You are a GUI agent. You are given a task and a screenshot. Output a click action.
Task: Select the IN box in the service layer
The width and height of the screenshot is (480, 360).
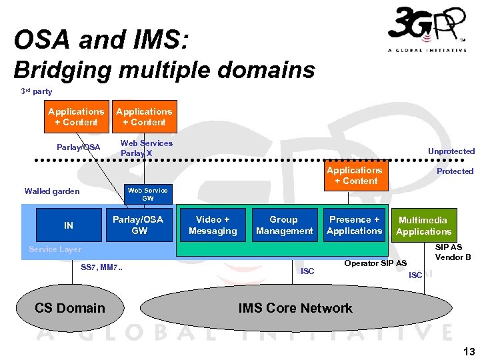pyautogui.click(x=69, y=226)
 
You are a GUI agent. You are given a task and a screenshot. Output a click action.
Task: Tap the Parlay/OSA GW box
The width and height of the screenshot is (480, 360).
pyautogui.click(x=137, y=225)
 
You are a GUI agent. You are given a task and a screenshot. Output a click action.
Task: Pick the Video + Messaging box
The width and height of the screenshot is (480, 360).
pyautogui.click(x=213, y=225)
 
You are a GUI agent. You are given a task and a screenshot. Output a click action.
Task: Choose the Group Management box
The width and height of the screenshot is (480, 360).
pyautogui.click(x=284, y=225)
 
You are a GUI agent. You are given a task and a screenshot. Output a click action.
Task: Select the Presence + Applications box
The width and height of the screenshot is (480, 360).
pyautogui.click(x=354, y=225)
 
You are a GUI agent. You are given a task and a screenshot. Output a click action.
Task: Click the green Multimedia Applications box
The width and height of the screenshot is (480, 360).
pyautogui.click(x=423, y=225)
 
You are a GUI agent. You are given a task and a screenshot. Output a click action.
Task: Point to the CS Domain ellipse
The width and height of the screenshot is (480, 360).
pyautogui.click(x=69, y=308)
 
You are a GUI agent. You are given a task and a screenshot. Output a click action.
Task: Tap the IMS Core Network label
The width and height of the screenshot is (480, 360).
pyautogui.click(x=295, y=308)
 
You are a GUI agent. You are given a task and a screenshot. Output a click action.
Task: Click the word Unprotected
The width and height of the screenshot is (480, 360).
pyautogui.click(x=451, y=151)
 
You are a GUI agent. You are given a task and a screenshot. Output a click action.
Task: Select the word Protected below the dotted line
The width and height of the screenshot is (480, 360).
pyautogui.click(x=455, y=171)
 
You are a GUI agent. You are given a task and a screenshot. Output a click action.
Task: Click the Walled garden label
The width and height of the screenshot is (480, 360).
pyautogui.click(x=52, y=191)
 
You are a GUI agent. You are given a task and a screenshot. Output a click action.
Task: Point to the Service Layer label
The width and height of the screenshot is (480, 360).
pyautogui.click(x=55, y=249)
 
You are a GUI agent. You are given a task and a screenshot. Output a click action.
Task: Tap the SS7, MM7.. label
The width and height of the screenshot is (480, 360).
pyautogui.click(x=101, y=268)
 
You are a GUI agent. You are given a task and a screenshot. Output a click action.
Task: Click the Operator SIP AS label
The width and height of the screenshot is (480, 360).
pyautogui.click(x=375, y=263)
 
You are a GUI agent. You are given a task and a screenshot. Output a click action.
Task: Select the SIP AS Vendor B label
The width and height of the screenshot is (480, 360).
pyautogui.click(x=453, y=252)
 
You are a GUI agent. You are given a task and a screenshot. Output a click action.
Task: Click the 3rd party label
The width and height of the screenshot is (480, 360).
pyautogui.click(x=36, y=91)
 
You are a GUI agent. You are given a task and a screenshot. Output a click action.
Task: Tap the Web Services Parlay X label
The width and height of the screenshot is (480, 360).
pyautogui.click(x=146, y=148)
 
